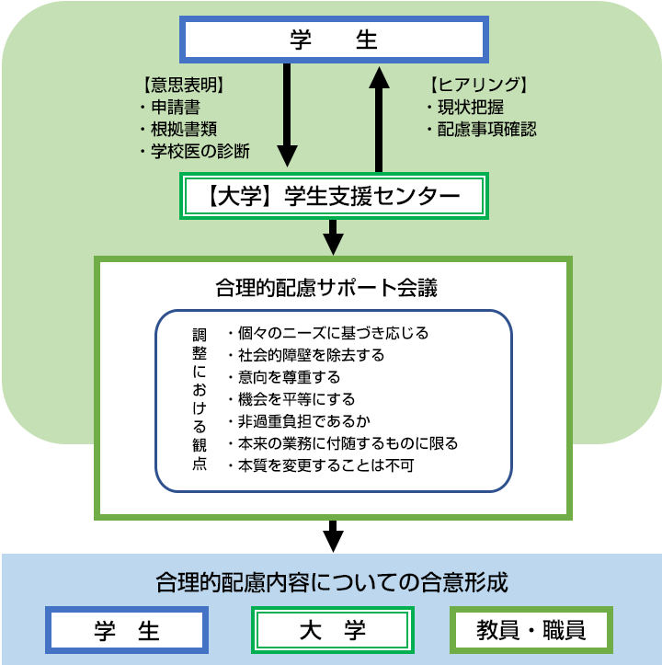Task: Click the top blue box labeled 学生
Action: click(x=333, y=40)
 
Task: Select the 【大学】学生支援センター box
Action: click(x=333, y=196)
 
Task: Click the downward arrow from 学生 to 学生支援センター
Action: click(x=288, y=114)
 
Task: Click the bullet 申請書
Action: click(x=176, y=108)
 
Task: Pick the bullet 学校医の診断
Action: click(x=199, y=151)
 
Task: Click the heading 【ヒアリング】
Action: click(x=478, y=86)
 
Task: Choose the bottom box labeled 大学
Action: click(x=333, y=630)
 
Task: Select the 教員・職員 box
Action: click(x=531, y=630)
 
